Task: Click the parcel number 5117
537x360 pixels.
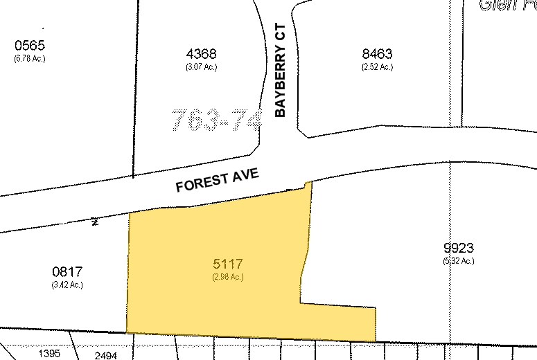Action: (228, 264)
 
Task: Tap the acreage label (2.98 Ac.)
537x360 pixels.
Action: (228, 277)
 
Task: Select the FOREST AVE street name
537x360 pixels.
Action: (217, 181)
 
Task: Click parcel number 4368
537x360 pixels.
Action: (202, 53)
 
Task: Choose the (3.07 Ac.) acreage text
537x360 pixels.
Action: (202, 67)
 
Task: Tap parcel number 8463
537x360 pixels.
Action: (377, 53)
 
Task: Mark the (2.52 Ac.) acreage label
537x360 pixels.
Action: (377, 67)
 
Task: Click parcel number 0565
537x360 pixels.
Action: (29, 46)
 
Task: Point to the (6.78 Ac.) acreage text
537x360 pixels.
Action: (29, 58)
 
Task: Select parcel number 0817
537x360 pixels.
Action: (67, 272)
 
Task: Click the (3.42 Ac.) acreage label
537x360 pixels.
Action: (67, 285)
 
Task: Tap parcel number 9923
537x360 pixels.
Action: (459, 248)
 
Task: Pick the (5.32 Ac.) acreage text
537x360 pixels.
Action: (459, 261)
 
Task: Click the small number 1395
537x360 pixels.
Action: (49, 353)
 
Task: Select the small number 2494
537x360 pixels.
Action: (105, 355)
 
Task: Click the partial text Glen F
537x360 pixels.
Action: (507, 6)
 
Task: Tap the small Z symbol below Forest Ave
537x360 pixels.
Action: (94, 222)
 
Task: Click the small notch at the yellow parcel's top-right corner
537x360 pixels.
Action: (307, 184)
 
